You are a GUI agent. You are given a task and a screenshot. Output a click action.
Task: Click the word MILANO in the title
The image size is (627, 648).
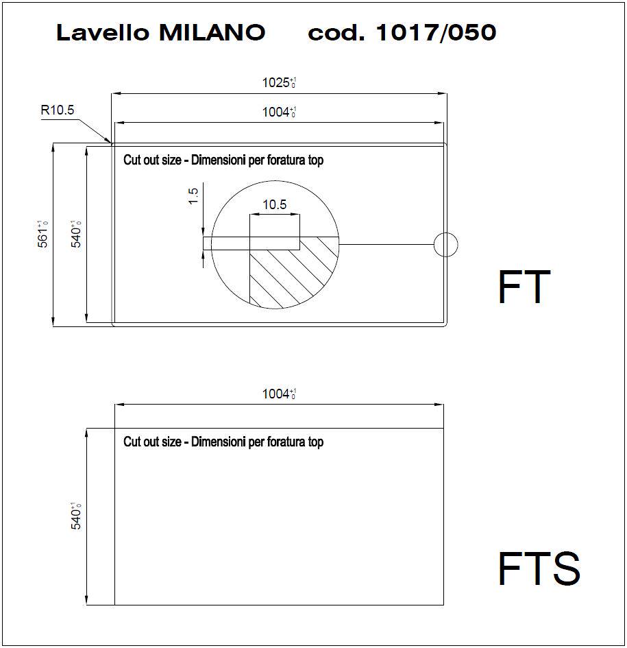click(212, 32)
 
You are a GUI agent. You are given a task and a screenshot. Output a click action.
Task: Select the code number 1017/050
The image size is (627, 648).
click(436, 32)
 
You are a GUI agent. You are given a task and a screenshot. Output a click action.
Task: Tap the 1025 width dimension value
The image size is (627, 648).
click(279, 82)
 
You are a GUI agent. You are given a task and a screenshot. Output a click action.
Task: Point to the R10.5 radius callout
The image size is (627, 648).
click(58, 110)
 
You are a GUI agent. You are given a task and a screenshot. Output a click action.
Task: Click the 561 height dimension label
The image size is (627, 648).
click(43, 235)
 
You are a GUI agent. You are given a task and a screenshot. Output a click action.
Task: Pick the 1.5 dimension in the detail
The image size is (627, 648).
click(193, 196)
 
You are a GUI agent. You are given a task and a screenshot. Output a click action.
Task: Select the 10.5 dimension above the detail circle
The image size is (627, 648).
click(274, 204)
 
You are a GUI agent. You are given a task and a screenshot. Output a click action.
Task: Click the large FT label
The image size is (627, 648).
click(524, 287)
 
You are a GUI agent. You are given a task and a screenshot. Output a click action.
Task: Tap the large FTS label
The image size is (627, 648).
click(539, 568)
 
